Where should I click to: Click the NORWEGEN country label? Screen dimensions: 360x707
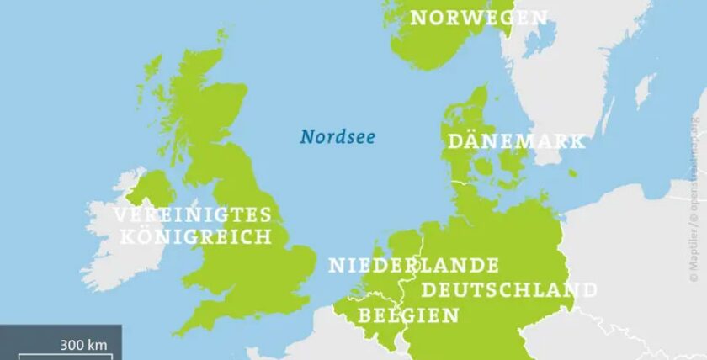click(478, 18)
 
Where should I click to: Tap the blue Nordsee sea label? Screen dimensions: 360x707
click(338, 136)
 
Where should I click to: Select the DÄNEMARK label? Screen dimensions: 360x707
click(516, 140)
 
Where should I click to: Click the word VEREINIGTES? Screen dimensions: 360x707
click(194, 214)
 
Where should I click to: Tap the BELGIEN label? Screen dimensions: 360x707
click(409, 315)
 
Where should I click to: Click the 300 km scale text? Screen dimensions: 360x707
click(83, 343)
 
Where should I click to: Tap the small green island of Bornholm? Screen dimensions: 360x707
click(572, 174)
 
